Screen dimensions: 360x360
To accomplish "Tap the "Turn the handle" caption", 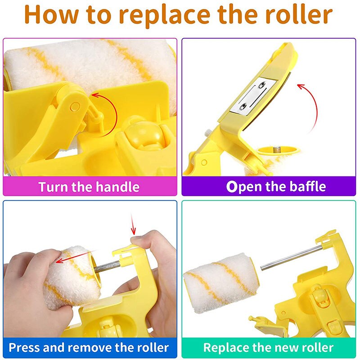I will pos(89,186).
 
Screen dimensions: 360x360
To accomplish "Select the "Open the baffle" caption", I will pos(276,186).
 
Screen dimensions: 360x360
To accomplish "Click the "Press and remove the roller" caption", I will pos(89,347).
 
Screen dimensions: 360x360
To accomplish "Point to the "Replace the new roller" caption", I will pos(268,347).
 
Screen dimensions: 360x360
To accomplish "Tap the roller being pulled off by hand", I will pos(70,274).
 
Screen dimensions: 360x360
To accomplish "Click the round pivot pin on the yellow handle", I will pos(75,107).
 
